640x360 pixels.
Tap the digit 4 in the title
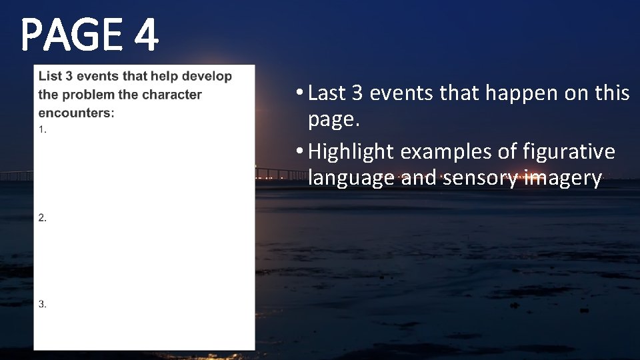(145, 36)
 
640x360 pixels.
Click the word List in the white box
(50, 76)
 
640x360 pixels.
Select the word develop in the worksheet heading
(207, 76)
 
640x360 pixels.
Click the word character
(171, 95)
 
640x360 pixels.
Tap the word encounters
(76, 113)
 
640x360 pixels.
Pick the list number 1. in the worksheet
(43, 129)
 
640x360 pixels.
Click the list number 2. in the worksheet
(43, 217)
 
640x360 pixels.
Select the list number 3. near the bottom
(43, 304)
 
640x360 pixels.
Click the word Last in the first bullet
(327, 93)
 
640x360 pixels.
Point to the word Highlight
(351, 152)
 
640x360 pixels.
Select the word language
(351, 179)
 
